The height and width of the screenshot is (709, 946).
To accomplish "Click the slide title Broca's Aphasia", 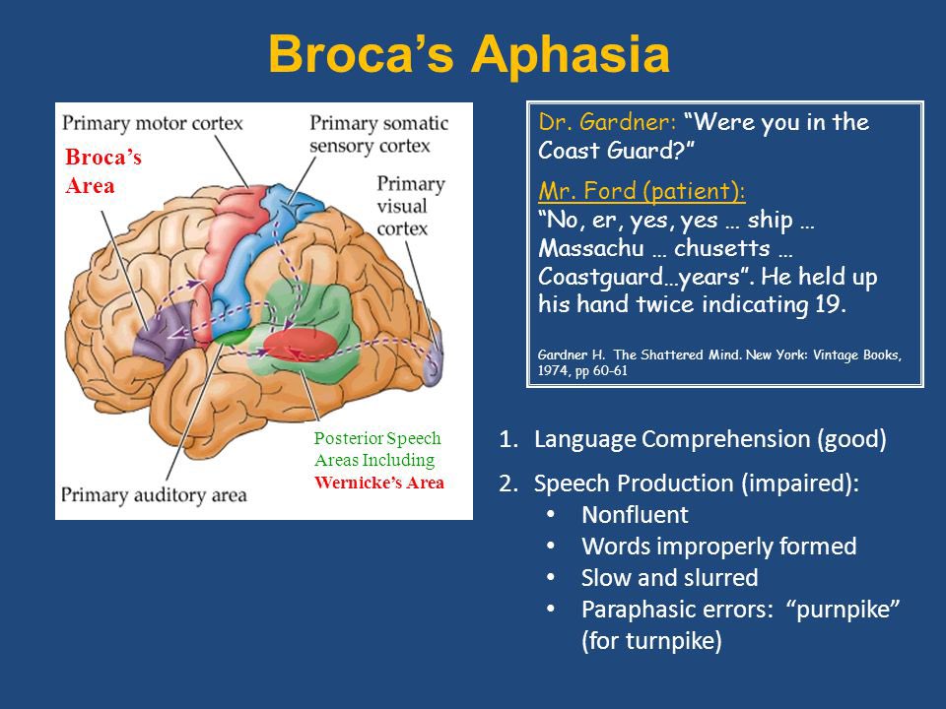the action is coord(469,54).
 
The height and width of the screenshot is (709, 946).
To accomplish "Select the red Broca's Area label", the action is coord(103,171).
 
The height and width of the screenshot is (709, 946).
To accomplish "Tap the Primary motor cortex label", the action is coord(152,124).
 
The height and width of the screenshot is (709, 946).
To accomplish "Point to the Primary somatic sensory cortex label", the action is coord(378,135).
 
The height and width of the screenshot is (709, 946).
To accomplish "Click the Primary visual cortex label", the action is coord(411,206).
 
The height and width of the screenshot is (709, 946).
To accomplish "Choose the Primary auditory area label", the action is coord(154,495).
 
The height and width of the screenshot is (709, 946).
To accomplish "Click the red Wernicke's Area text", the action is coord(378,483).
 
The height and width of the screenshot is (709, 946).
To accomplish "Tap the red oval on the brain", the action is coord(300,345).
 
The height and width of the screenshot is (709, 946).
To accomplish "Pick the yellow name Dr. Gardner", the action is coord(607,122).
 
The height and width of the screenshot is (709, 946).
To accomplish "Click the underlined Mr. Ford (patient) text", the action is coord(642,191).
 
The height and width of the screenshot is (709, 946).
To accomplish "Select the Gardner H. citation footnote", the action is coord(719,362).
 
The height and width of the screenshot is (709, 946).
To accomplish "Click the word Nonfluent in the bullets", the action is coord(635,515).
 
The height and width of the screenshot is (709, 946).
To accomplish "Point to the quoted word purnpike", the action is coord(843,610).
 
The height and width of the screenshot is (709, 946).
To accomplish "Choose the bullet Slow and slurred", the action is coord(670,578).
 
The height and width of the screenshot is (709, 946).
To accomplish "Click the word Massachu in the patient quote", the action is coord(591,248).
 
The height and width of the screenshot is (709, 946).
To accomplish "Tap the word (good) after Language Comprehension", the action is coord(851,439).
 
